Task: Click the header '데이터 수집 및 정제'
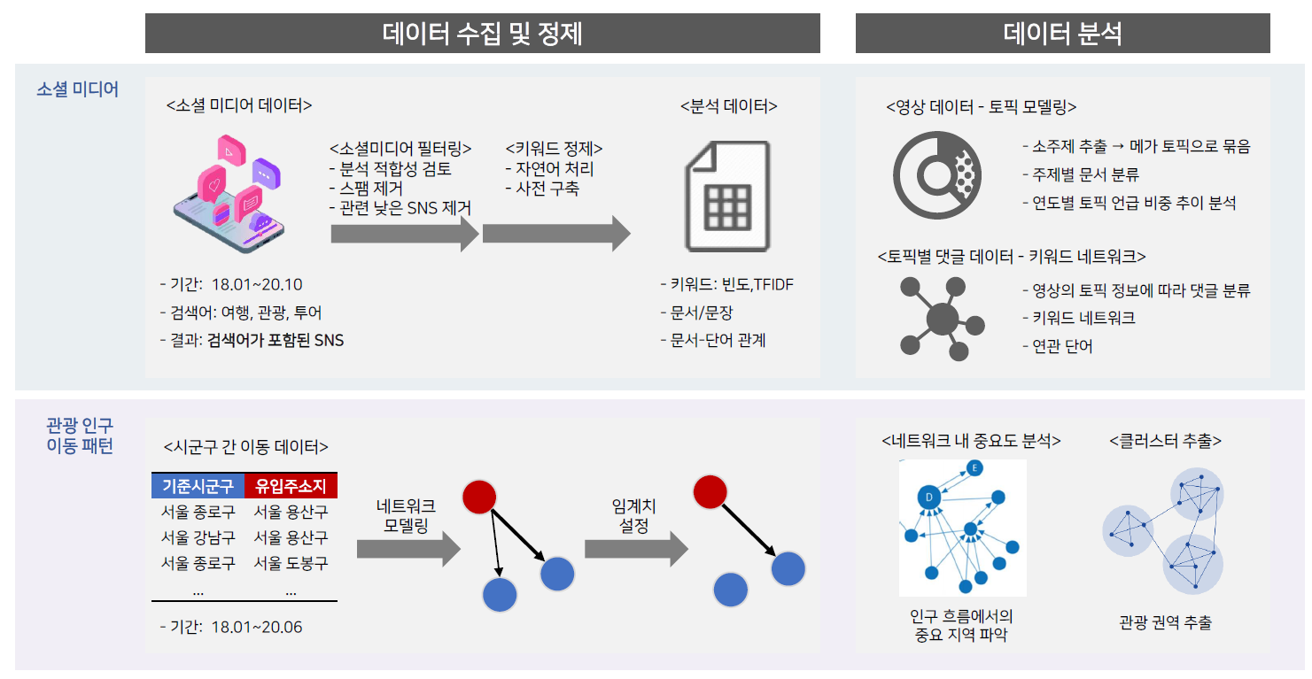pos(482,34)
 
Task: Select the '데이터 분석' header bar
pos(1062,34)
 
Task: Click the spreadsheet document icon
pos(727,197)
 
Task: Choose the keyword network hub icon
pos(942,319)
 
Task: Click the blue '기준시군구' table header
pos(198,486)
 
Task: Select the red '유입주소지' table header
pos(291,486)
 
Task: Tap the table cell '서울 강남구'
pos(198,537)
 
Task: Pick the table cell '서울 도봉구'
pos(291,563)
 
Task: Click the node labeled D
pos(928,498)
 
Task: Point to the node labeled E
pos(974,467)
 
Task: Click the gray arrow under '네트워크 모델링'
pos(408,549)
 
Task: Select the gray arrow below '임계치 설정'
pos(637,549)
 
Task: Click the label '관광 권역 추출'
pos(1165,622)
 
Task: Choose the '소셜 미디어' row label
pos(77,89)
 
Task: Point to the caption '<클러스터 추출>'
pos(1165,441)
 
